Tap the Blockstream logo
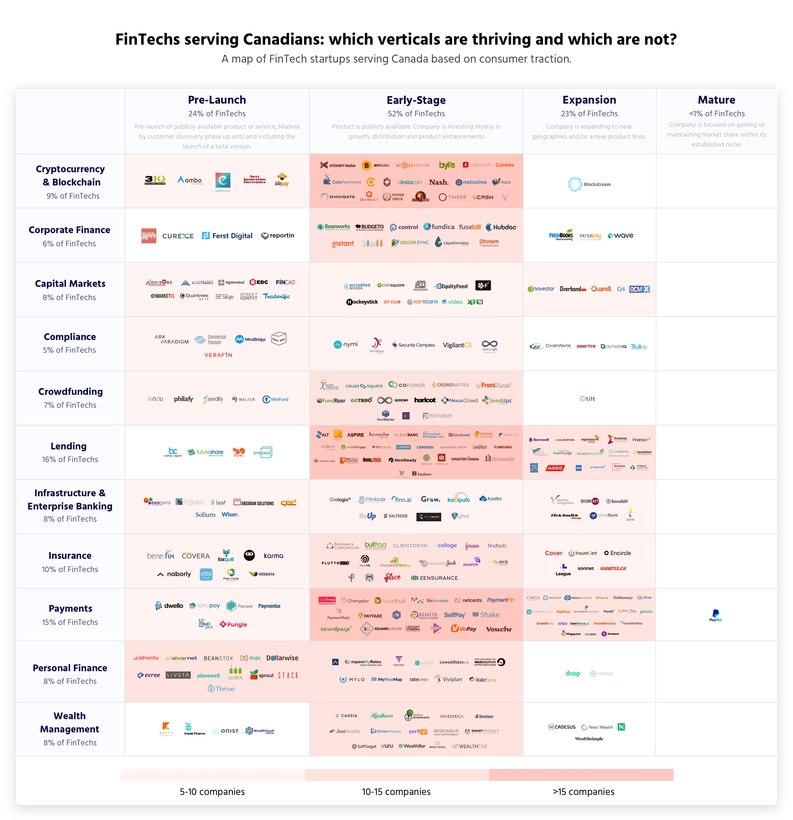coord(589,184)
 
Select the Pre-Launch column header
coord(217,100)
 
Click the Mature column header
coord(716,100)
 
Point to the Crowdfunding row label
coord(70,392)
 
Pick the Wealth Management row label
coord(70,722)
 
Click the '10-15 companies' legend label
coord(396,792)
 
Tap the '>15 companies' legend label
coord(583,792)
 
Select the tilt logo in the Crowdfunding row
coord(587,399)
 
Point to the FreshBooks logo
coord(561,235)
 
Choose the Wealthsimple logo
coord(589,739)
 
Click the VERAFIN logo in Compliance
coord(218,355)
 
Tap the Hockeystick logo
coord(362,302)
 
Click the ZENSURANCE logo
coord(434,578)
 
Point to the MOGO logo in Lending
coord(555,468)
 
